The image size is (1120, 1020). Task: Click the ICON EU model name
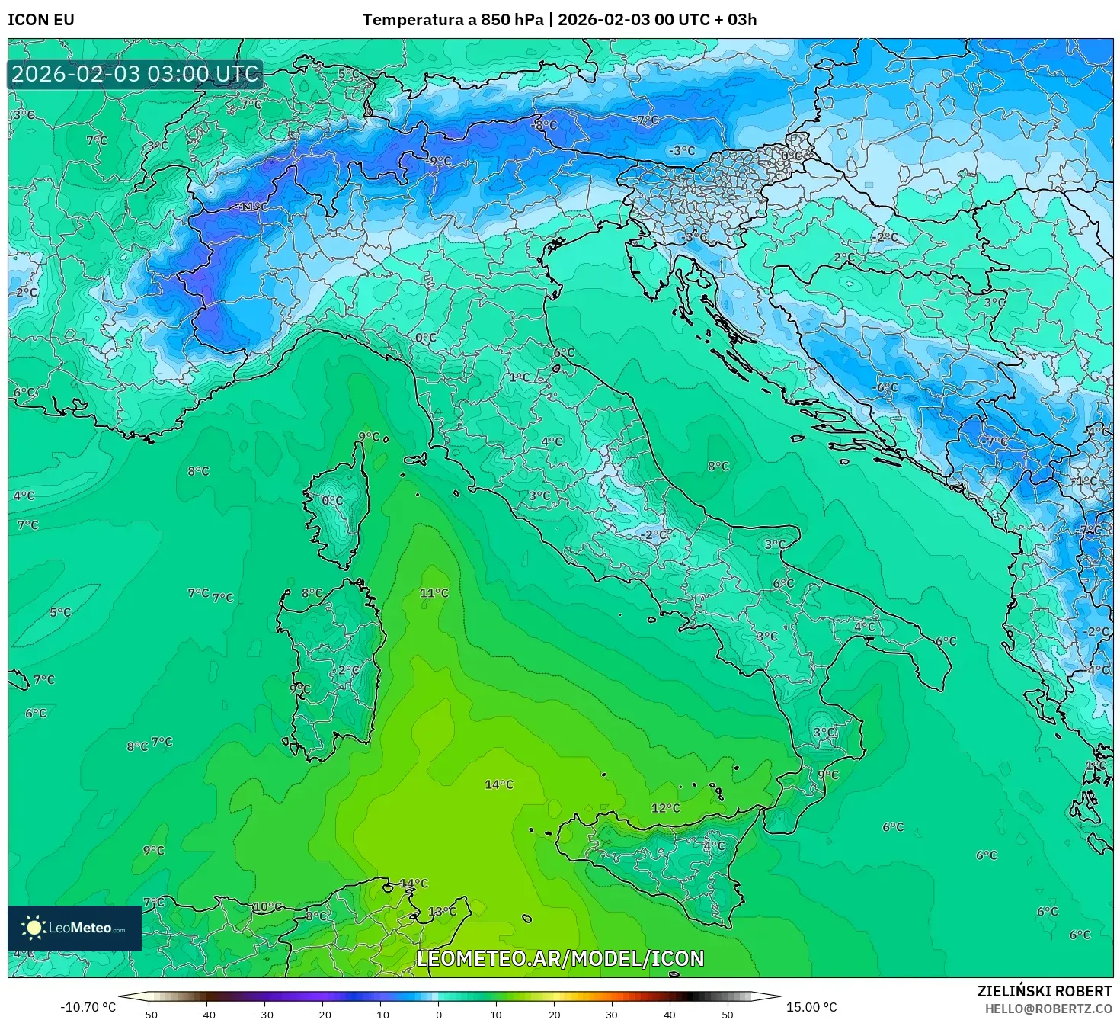[x=41, y=20]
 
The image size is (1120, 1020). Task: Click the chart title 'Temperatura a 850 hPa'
[x=453, y=20]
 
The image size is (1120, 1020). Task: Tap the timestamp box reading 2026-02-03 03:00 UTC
[x=136, y=75]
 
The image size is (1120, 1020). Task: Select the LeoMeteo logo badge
[x=75, y=928]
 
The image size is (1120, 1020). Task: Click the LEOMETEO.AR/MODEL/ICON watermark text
[x=560, y=958]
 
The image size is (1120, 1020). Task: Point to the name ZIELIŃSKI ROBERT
[x=1045, y=991]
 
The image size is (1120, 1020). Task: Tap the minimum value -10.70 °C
[x=88, y=1007]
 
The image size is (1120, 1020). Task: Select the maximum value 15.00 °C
[x=811, y=1007]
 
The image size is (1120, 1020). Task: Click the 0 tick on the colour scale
[x=438, y=1014]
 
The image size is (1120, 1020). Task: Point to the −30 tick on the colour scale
[x=264, y=1014]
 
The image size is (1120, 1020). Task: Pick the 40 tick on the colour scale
[x=670, y=1014]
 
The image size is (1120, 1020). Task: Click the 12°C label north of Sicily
[x=665, y=808]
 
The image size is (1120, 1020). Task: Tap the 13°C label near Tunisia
[x=442, y=912]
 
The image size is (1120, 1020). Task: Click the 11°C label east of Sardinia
[x=434, y=593]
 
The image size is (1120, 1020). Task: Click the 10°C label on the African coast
[x=267, y=907]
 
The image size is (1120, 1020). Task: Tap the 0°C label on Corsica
[x=332, y=501]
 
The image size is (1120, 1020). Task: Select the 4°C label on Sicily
[x=714, y=845]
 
